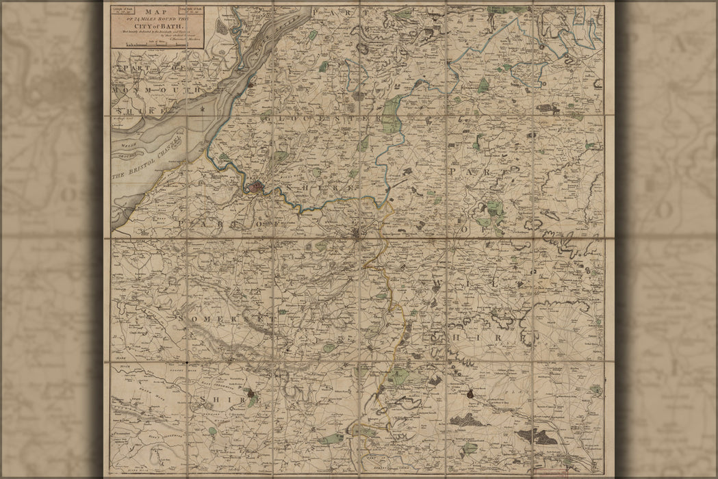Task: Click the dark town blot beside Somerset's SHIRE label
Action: pos(255,396)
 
